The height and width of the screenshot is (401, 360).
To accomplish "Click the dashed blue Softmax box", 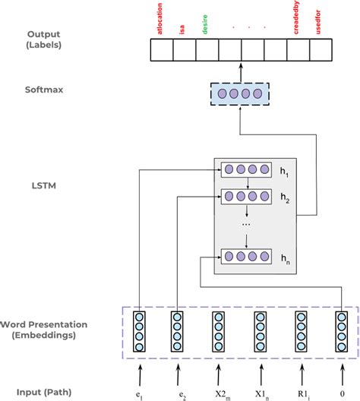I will (x=240, y=95).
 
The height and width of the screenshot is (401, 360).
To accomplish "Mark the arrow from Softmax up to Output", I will (x=240, y=71).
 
